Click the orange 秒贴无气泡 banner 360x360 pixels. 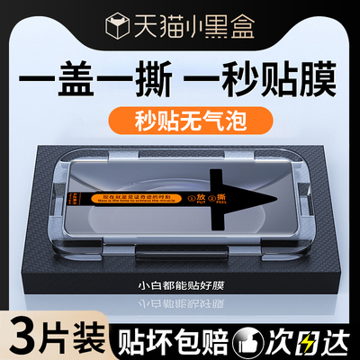179,118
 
